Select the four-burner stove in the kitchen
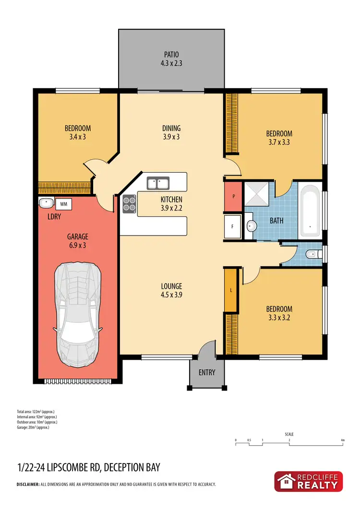(x=129, y=205)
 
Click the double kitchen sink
(x=157, y=183)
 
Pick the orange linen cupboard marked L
(x=231, y=291)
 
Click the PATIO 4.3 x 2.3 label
(x=171, y=59)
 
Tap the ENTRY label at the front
(x=207, y=372)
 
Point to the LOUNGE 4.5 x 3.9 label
(x=171, y=291)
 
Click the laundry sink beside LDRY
(x=46, y=203)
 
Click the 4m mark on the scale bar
(x=343, y=440)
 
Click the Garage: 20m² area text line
(x=33, y=427)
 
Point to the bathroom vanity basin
(x=250, y=226)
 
